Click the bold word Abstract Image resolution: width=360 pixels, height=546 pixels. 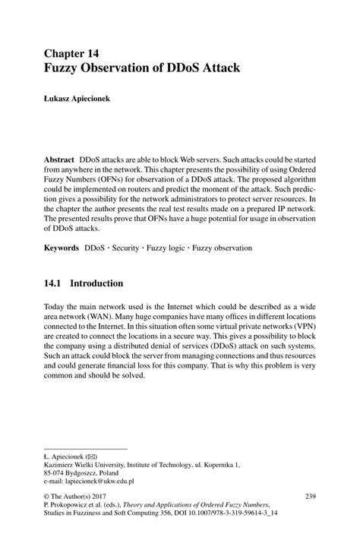point(59,160)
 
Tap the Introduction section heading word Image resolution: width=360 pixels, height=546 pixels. point(96,283)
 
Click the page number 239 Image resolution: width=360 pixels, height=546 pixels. point(310,496)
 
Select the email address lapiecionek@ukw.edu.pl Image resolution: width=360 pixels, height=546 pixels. point(91,481)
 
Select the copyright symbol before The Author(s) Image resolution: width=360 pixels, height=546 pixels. point(48,496)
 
